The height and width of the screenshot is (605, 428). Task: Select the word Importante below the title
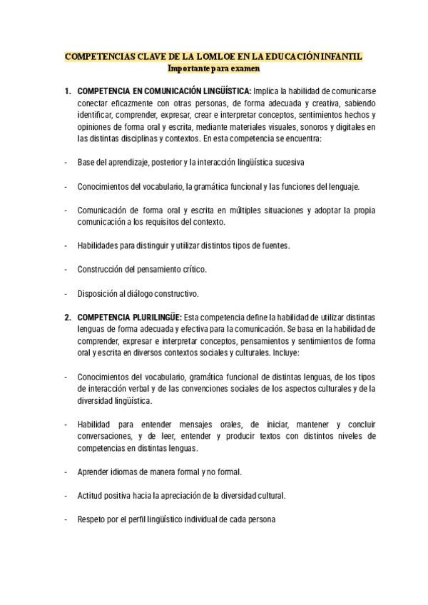(x=188, y=69)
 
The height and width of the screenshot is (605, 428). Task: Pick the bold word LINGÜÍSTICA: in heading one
(x=222, y=92)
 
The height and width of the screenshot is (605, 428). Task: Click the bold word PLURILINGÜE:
(x=154, y=317)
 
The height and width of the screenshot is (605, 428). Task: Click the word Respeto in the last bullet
(x=91, y=519)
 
